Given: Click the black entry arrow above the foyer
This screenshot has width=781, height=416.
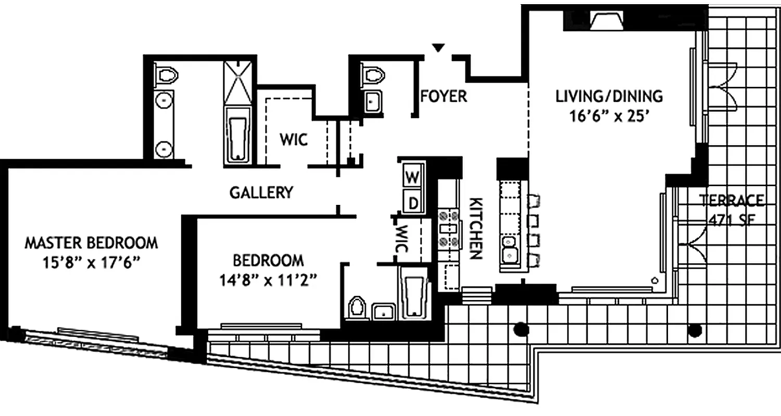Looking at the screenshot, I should [439, 48].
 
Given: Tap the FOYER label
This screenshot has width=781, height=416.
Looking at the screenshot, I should [444, 96].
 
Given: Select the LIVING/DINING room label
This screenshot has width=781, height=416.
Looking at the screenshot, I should [609, 96].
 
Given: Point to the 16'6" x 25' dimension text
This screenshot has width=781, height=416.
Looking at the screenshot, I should [609, 116].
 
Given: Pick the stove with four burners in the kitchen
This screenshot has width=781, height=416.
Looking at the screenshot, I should [449, 228].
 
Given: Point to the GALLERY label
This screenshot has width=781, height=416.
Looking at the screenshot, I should [261, 192].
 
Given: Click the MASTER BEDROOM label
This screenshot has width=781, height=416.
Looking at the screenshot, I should [92, 243].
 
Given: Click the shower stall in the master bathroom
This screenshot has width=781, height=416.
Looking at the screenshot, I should [237, 83].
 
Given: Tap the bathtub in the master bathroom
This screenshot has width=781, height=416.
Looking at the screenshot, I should [237, 138].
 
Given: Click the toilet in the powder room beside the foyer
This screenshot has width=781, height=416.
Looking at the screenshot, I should [373, 75].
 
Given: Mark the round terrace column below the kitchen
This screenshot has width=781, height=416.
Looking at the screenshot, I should [521, 329].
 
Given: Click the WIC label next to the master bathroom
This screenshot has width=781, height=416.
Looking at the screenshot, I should [293, 139].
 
